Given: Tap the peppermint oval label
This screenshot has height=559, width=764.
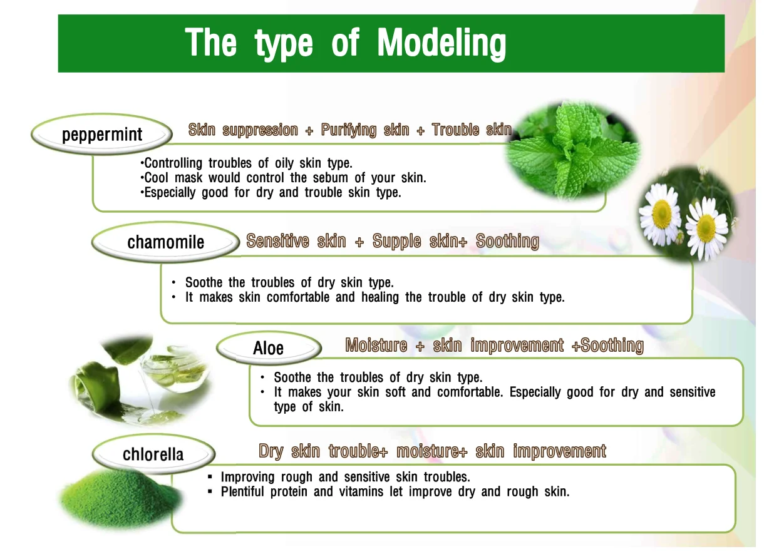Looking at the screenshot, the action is pyautogui.click(x=102, y=135).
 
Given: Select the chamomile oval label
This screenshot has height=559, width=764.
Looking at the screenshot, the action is pyautogui.click(x=165, y=242).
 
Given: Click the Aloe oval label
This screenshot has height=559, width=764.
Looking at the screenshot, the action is pyautogui.click(x=268, y=348).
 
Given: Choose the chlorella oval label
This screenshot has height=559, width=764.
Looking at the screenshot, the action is pyautogui.click(x=153, y=454).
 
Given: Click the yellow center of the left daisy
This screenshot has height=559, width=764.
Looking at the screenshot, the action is pyautogui.click(x=661, y=215).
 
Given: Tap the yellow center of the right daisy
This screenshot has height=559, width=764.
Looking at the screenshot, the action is pyautogui.click(x=706, y=227).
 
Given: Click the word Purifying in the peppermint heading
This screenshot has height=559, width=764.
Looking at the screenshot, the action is pyautogui.click(x=348, y=130).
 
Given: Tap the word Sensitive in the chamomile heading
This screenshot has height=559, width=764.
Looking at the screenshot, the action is pyautogui.click(x=277, y=242).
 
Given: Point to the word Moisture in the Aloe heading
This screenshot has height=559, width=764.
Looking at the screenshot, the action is pyautogui.click(x=376, y=346).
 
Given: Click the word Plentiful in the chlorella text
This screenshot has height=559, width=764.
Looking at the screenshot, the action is pyautogui.click(x=242, y=492).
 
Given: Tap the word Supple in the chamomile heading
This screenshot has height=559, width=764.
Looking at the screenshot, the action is pyautogui.click(x=396, y=242).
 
